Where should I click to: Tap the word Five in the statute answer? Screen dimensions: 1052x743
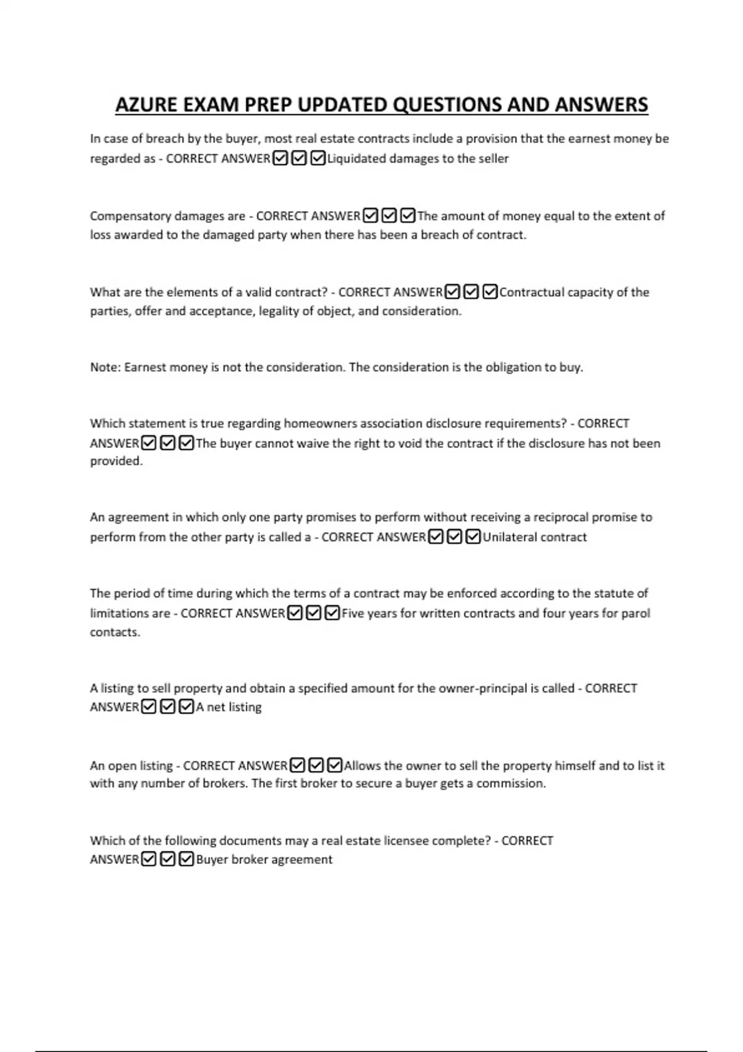pyautogui.click(x=354, y=613)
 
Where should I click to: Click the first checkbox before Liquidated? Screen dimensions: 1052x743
pyautogui.click(x=280, y=158)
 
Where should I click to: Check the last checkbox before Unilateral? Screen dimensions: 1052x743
pyautogui.click(x=473, y=537)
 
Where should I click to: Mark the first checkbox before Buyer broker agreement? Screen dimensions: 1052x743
pyautogui.click(x=149, y=859)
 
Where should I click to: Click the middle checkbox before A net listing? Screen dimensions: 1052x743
pyautogui.click(x=167, y=707)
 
